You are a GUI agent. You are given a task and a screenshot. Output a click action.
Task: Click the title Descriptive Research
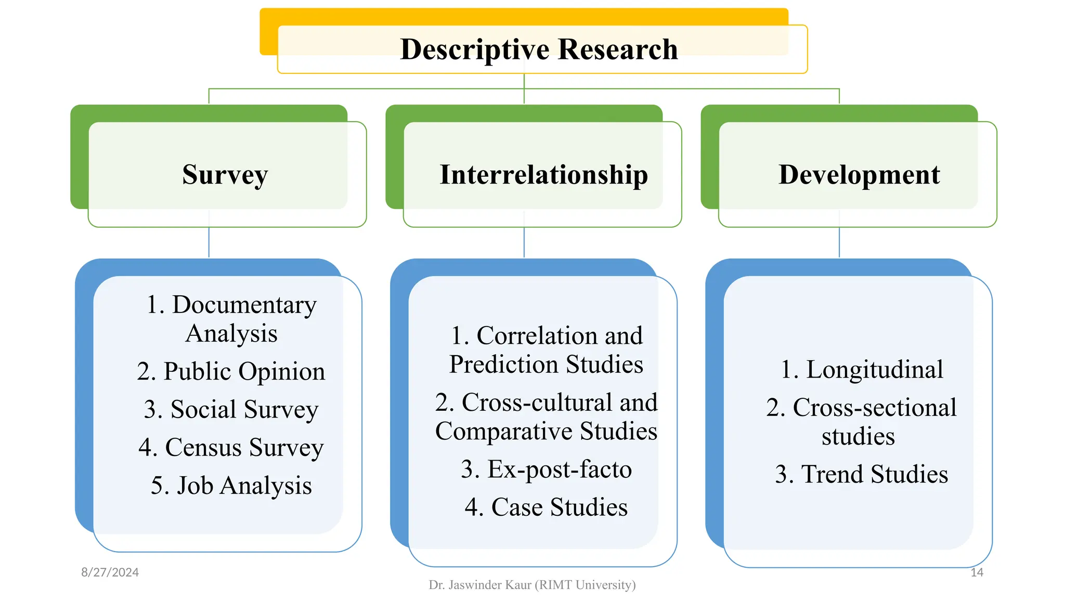(x=539, y=49)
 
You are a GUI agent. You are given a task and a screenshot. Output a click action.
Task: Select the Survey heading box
(x=225, y=174)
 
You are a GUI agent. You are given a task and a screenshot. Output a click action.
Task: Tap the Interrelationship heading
(x=543, y=174)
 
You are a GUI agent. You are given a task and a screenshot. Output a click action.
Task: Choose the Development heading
(x=859, y=174)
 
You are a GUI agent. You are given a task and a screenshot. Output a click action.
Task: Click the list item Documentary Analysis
(x=231, y=319)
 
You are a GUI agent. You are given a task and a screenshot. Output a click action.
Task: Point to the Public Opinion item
(x=231, y=371)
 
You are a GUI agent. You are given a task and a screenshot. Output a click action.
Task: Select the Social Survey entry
(x=231, y=409)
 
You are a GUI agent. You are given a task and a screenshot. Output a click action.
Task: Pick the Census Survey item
(x=231, y=447)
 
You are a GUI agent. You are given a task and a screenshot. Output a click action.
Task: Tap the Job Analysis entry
(x=231, y=485)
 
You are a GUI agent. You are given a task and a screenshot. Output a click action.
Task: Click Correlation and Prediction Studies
(x=546, y=349)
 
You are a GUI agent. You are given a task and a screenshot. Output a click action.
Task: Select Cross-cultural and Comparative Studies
(x=546, y=416)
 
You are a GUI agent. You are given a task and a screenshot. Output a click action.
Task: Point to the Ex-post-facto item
(x=546, y=469)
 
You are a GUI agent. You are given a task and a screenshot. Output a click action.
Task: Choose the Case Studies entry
(x=546, y=507)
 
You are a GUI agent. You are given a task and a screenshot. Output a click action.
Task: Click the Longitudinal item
(x=862, y=370)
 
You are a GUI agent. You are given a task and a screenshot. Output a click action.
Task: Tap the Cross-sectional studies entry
(x=861, y=422)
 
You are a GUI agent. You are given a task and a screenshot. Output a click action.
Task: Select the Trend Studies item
(x=862, y=474)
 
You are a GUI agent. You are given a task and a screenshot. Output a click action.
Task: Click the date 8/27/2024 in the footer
(x=110, y=572)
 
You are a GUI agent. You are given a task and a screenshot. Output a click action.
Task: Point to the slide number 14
(x=977, y=572)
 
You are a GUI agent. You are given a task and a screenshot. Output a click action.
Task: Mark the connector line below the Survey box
(x=209, y=242)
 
